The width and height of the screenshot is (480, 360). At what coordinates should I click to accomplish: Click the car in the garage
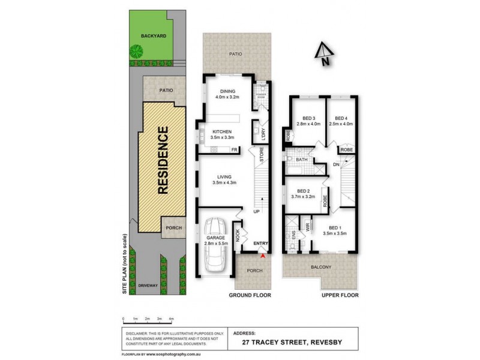coord(214,246)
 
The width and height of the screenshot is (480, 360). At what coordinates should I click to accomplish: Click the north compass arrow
coord(323,53)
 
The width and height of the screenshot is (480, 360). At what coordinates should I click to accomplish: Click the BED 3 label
coord(308,118)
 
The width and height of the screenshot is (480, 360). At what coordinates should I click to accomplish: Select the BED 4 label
coord(341,118)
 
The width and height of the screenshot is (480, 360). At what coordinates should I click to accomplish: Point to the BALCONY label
coord(320,267)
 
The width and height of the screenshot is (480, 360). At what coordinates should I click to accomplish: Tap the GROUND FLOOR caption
coord(250,295)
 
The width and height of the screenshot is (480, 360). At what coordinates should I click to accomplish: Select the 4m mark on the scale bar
coord(172,318)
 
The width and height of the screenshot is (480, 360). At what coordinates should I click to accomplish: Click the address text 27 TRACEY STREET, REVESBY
coord(295,343)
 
